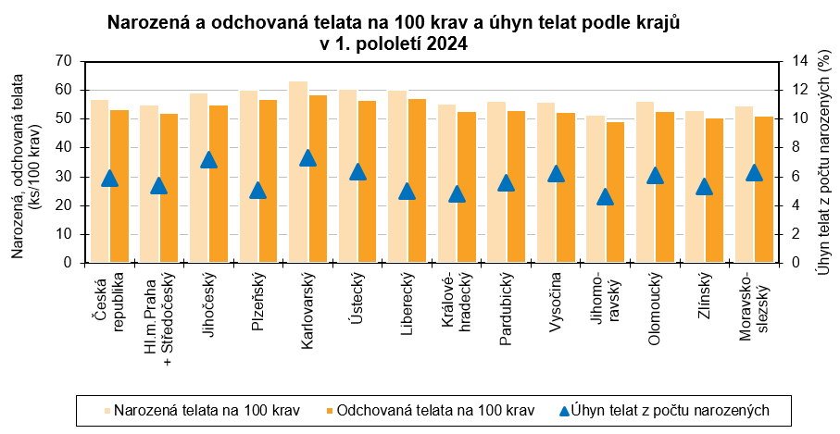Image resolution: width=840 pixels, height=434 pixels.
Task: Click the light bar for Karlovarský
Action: click(298, 171)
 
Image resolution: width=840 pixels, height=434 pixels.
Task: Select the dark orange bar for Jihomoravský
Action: click(614, 192)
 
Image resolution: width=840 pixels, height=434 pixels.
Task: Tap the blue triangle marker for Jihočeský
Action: click(208, 159)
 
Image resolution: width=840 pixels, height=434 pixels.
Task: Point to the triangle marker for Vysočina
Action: click(556, 173)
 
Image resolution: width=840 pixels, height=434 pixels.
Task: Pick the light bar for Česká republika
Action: click(100, 180)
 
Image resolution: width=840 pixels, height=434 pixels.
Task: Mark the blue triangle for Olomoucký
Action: click(655, 175)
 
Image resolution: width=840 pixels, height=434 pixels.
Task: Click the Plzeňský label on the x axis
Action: click(258, 301)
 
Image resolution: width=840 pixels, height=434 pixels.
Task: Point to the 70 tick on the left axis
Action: click(63, 61)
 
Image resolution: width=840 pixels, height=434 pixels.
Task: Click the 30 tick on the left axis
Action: click(63, 177)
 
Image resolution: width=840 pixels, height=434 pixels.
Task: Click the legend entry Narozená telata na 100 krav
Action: click(206, 410)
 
